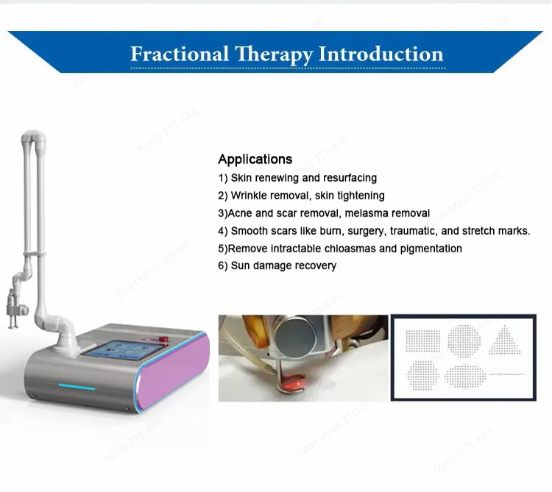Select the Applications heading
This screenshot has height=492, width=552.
(255, 159)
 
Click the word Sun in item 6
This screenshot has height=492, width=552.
(241, 265)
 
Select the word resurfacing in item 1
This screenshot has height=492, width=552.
(349, 178)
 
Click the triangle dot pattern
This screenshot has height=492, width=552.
(504, 340)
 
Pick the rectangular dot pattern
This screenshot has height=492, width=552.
(422, 341)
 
